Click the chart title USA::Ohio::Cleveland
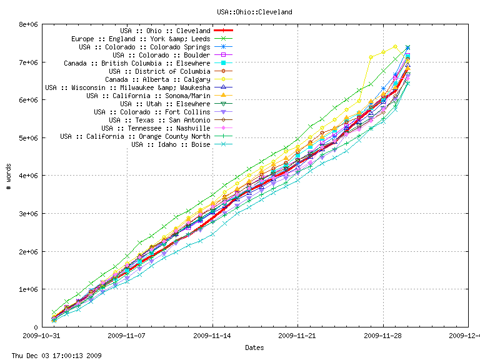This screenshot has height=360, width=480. click(254, 12)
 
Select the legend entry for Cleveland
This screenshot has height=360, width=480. click(165, 31)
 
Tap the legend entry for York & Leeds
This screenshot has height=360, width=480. click(141, 39)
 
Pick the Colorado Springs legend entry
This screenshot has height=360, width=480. click(144, 47)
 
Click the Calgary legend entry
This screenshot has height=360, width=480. click(157, 79)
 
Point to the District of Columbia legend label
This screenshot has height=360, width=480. click(159, 71)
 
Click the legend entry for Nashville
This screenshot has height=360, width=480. click(156, 128)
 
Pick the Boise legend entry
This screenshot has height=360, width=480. click(171, 144)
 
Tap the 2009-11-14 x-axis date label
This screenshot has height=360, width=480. click(213, 336)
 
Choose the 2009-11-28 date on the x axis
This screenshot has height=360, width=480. click(383, 336)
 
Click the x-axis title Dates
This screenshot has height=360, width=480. click(254, 347)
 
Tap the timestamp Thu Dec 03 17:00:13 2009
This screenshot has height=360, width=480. click(52, 356)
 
